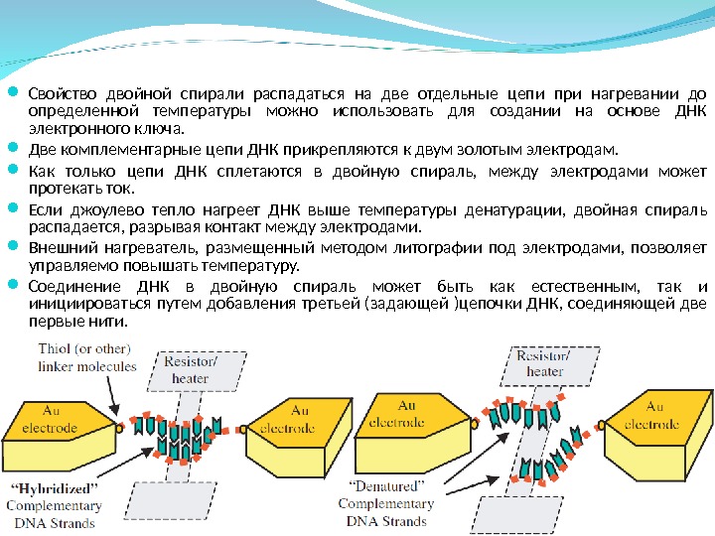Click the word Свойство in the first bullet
tap(57, 93)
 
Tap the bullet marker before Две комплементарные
tap(14, 150)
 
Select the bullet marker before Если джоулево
tap(14, 208)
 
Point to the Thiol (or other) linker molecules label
tap(86, 357)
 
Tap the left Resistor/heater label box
tap(190, 370)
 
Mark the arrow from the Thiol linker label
tap(110, 397)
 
